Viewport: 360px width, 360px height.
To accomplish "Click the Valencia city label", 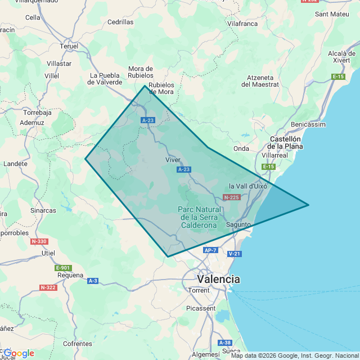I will click(x=218, y=279).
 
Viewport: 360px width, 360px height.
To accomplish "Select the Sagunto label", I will click(x=238, y=224).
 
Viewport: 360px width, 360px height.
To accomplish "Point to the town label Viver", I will click(x=173, y=160).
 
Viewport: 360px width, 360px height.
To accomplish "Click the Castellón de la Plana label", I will click(x=286, y=142).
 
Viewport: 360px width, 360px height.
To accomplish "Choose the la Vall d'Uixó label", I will click(x=248, y=186).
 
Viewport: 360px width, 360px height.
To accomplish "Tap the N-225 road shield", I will click(x=231, y=197).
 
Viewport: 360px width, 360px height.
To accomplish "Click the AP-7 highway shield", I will click(x=210, y=250).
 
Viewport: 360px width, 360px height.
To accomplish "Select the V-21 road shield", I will click(x=235, y=254).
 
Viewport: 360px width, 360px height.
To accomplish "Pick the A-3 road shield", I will click(x=93, y=281).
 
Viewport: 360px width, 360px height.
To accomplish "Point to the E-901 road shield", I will click(x=64, y=268).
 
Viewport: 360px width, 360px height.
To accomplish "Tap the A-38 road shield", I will click(x=224, y=343).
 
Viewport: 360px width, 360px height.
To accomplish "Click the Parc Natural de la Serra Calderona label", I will click(x=199, y=217).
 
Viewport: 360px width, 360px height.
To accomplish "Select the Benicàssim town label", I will click(x=308, y=124).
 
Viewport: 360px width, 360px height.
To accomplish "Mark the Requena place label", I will click(x=70, y=276).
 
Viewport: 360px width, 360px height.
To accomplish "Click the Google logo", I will click(x=19, y=353).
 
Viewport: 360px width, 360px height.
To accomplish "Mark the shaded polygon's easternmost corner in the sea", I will click(x=308, y=205).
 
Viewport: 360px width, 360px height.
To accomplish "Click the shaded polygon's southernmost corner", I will click(x=168, y=256).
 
